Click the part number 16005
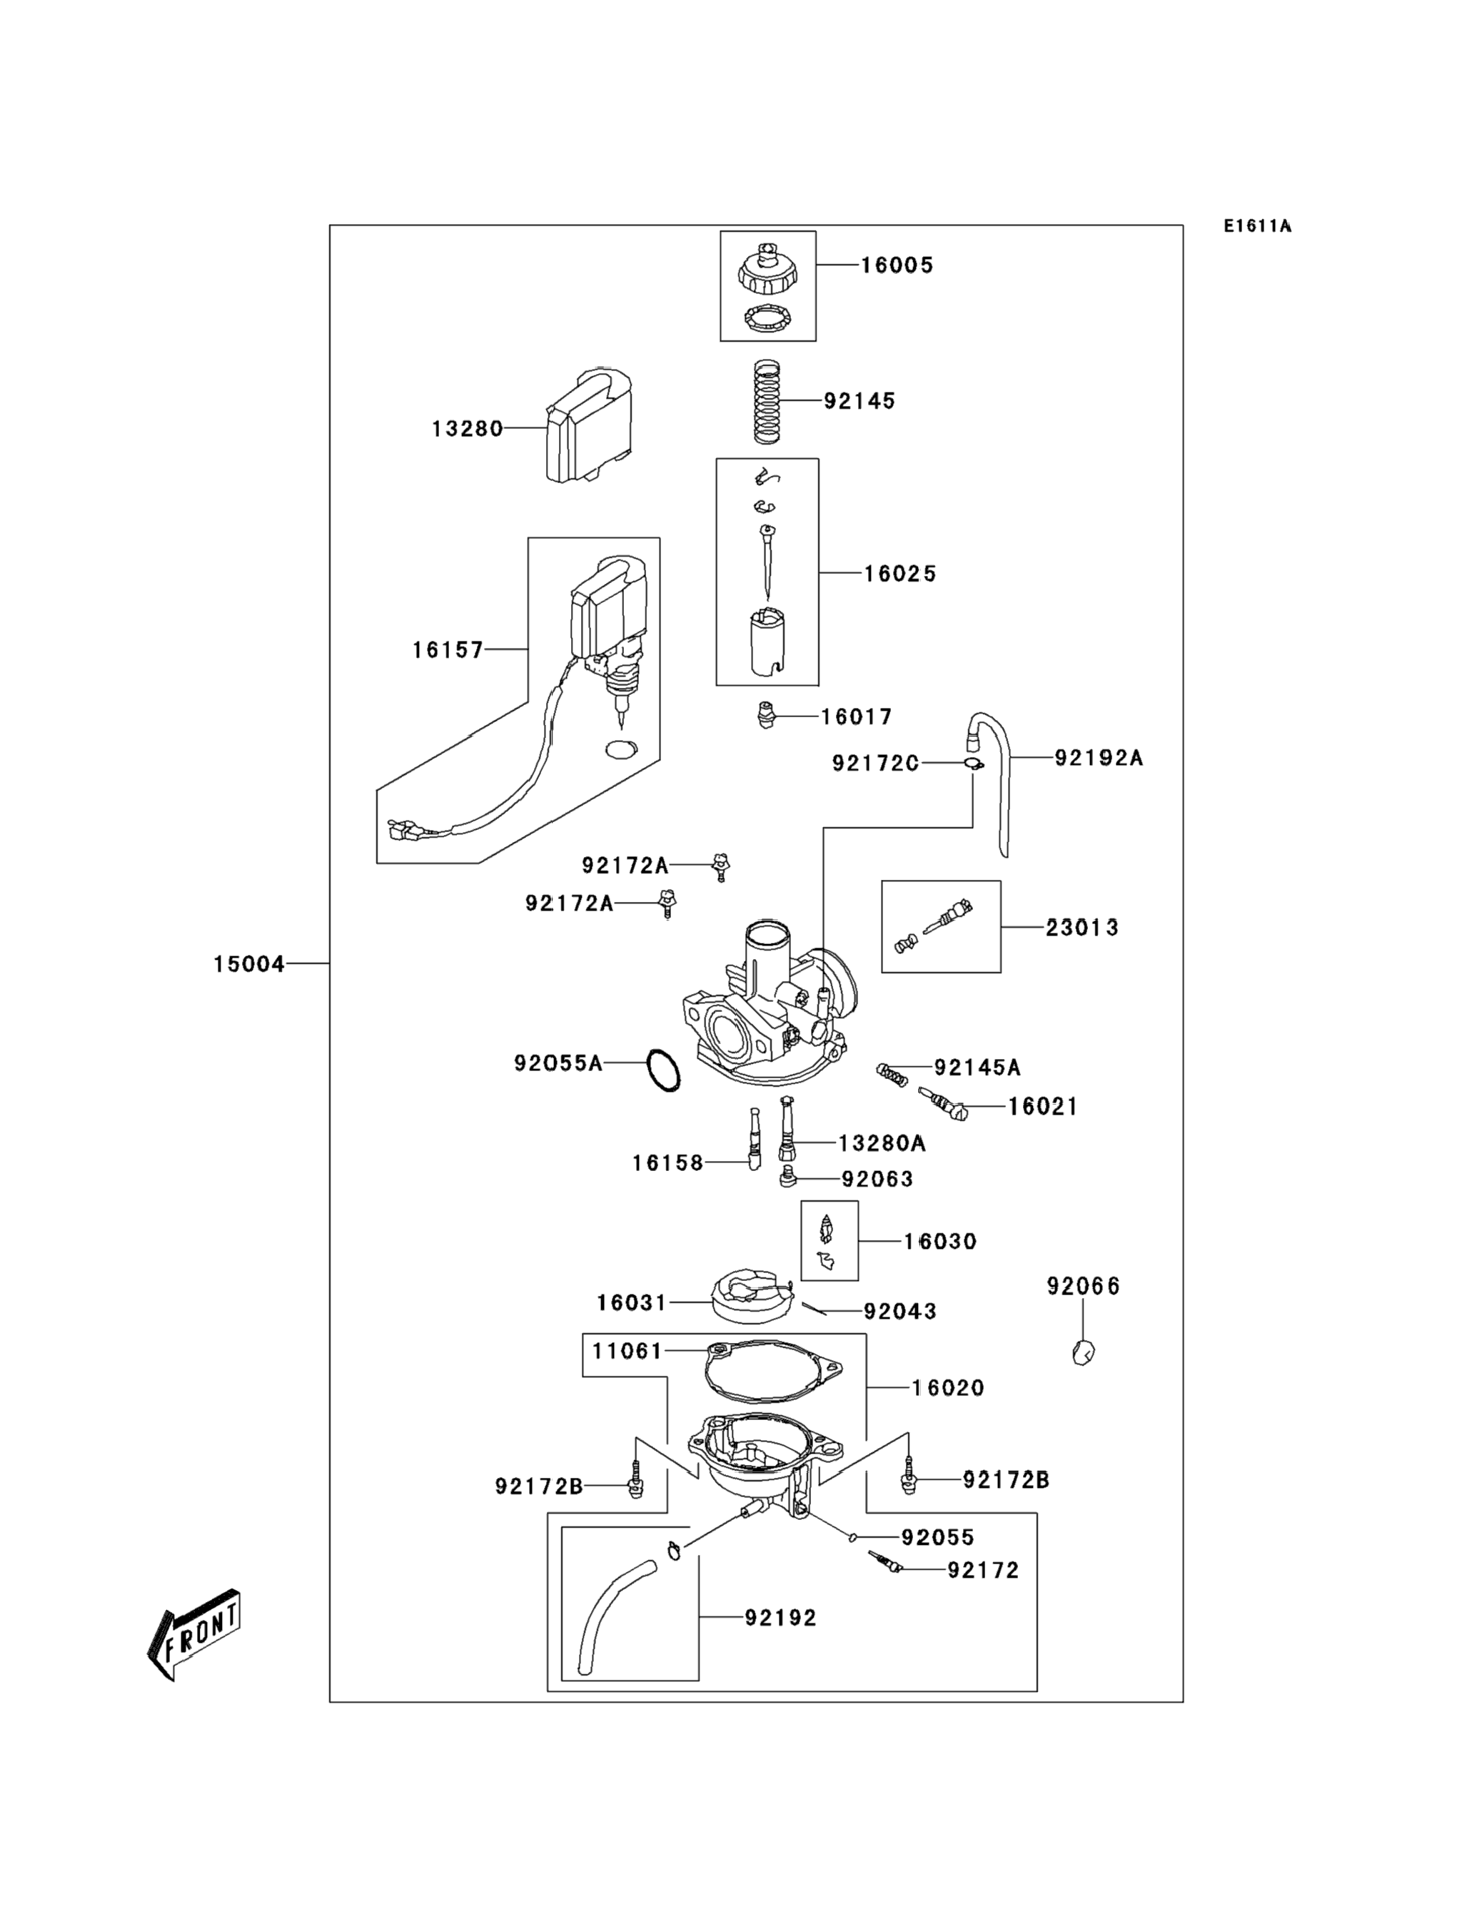tap(897, 265)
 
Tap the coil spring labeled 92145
tap(767, 401)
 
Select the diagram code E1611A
tap(1257, 226)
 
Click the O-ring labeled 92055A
tap(663, 1070)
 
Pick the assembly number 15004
tap(249, 964)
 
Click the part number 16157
tap(448, 650)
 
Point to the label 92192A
tap(1099, 758)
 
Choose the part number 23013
tap(1082, 928)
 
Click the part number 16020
tap(948, 1388)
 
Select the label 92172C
tap(875, 764)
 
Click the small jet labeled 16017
tap(767, 716)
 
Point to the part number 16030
tap(940, 1241)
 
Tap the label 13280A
tap(882, 1143)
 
